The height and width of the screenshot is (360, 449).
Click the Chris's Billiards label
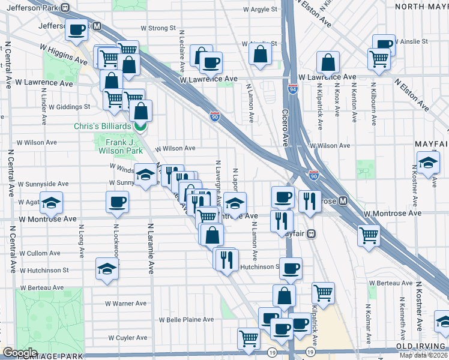[102, 127]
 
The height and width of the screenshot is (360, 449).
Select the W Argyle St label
[261, 10]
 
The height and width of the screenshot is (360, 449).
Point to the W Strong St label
[158, 28]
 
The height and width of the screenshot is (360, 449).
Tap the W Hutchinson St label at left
[48, 271]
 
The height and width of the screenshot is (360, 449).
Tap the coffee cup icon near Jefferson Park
[77, 30]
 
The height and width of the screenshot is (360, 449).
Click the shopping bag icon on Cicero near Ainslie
[261, 54]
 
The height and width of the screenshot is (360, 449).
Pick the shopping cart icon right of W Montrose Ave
[369, 235]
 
